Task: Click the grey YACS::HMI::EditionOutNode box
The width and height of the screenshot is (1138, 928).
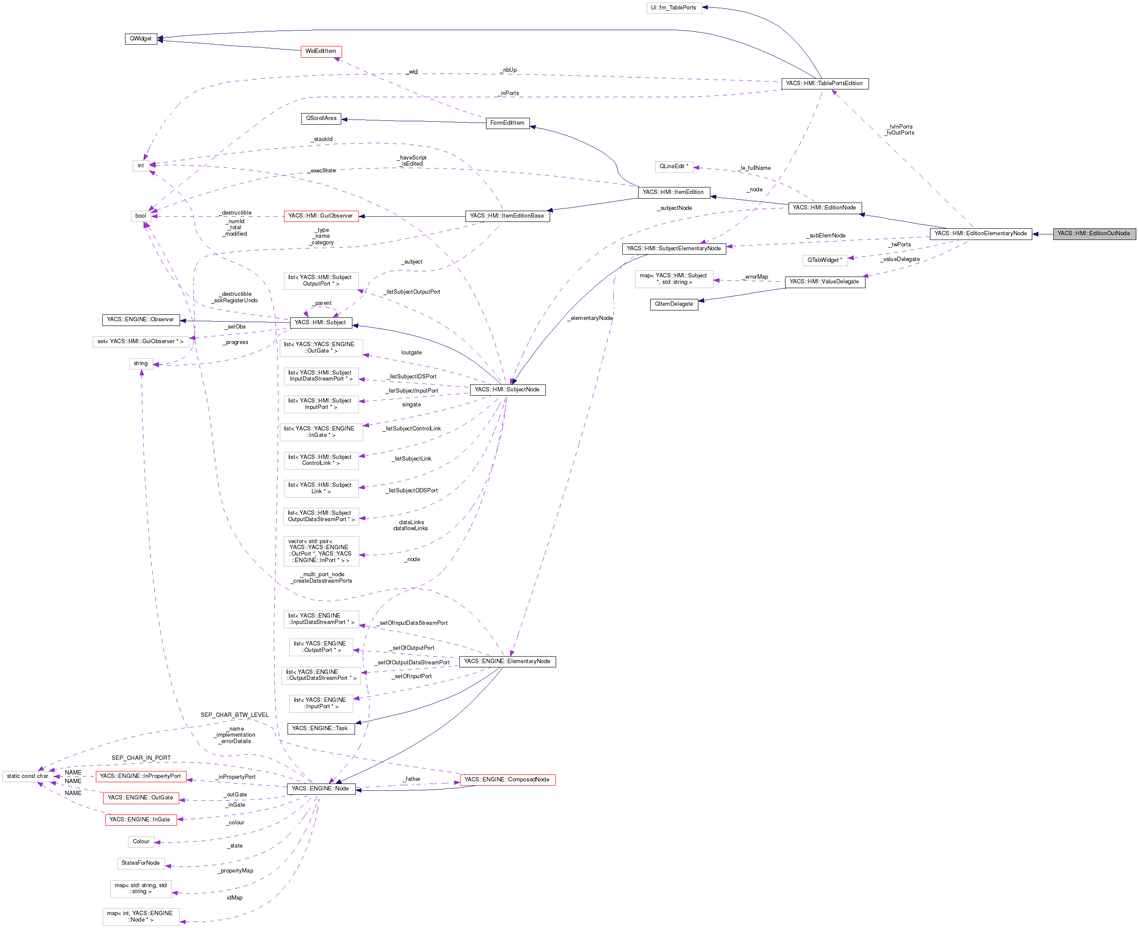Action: click(1094, 234)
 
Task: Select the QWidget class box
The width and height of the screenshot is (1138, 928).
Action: click(141, 39)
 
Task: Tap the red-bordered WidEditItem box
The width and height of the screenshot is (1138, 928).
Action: click(321, 51)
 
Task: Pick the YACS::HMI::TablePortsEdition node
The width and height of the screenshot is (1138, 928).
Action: click(824, 83)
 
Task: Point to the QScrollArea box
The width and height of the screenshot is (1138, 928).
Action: click(321, 118)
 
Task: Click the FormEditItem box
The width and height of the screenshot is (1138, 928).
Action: click(507, 123)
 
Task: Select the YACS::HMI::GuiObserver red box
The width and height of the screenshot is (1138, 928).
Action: click(321, 216)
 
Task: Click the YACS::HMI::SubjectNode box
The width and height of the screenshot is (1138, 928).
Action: click(507, 390)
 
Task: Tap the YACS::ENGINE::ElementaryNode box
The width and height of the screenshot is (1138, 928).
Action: click(507, 662)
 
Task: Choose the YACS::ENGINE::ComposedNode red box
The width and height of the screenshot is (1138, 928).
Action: click(507, 780)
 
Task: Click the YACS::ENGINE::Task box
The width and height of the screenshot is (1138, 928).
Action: click(320, 728)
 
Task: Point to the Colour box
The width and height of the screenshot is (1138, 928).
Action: click(141, 842)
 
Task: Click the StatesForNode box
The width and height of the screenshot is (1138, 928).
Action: click(141, 863)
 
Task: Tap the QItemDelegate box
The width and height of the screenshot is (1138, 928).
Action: click(674, 304)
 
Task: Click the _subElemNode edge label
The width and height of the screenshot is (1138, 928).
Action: click(826, 236)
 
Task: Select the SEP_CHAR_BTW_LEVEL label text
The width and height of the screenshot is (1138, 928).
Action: click(235, 715)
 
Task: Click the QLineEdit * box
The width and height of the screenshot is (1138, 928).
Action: click(674, 167)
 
